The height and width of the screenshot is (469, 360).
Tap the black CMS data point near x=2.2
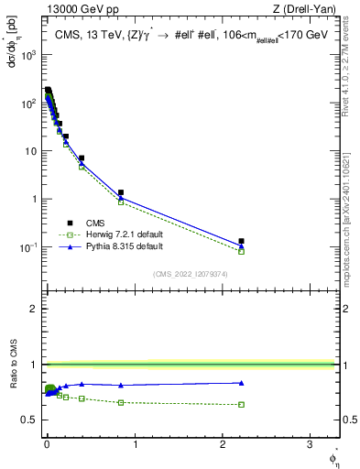click(x=241, y=241)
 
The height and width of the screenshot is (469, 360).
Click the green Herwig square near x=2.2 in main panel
click(x=241, y=250)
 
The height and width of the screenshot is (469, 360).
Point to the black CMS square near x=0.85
click(x=121, y=192)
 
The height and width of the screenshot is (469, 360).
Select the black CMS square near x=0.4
click(x=82, y=158)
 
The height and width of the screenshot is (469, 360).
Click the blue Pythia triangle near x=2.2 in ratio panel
click(x=241, y=383)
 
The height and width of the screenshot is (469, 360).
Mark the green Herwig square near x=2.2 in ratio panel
click(x=241, y=404)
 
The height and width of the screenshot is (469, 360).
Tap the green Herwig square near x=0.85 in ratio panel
click(x=121, y=402)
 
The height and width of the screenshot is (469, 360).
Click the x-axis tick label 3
click(x=310, y=445)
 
